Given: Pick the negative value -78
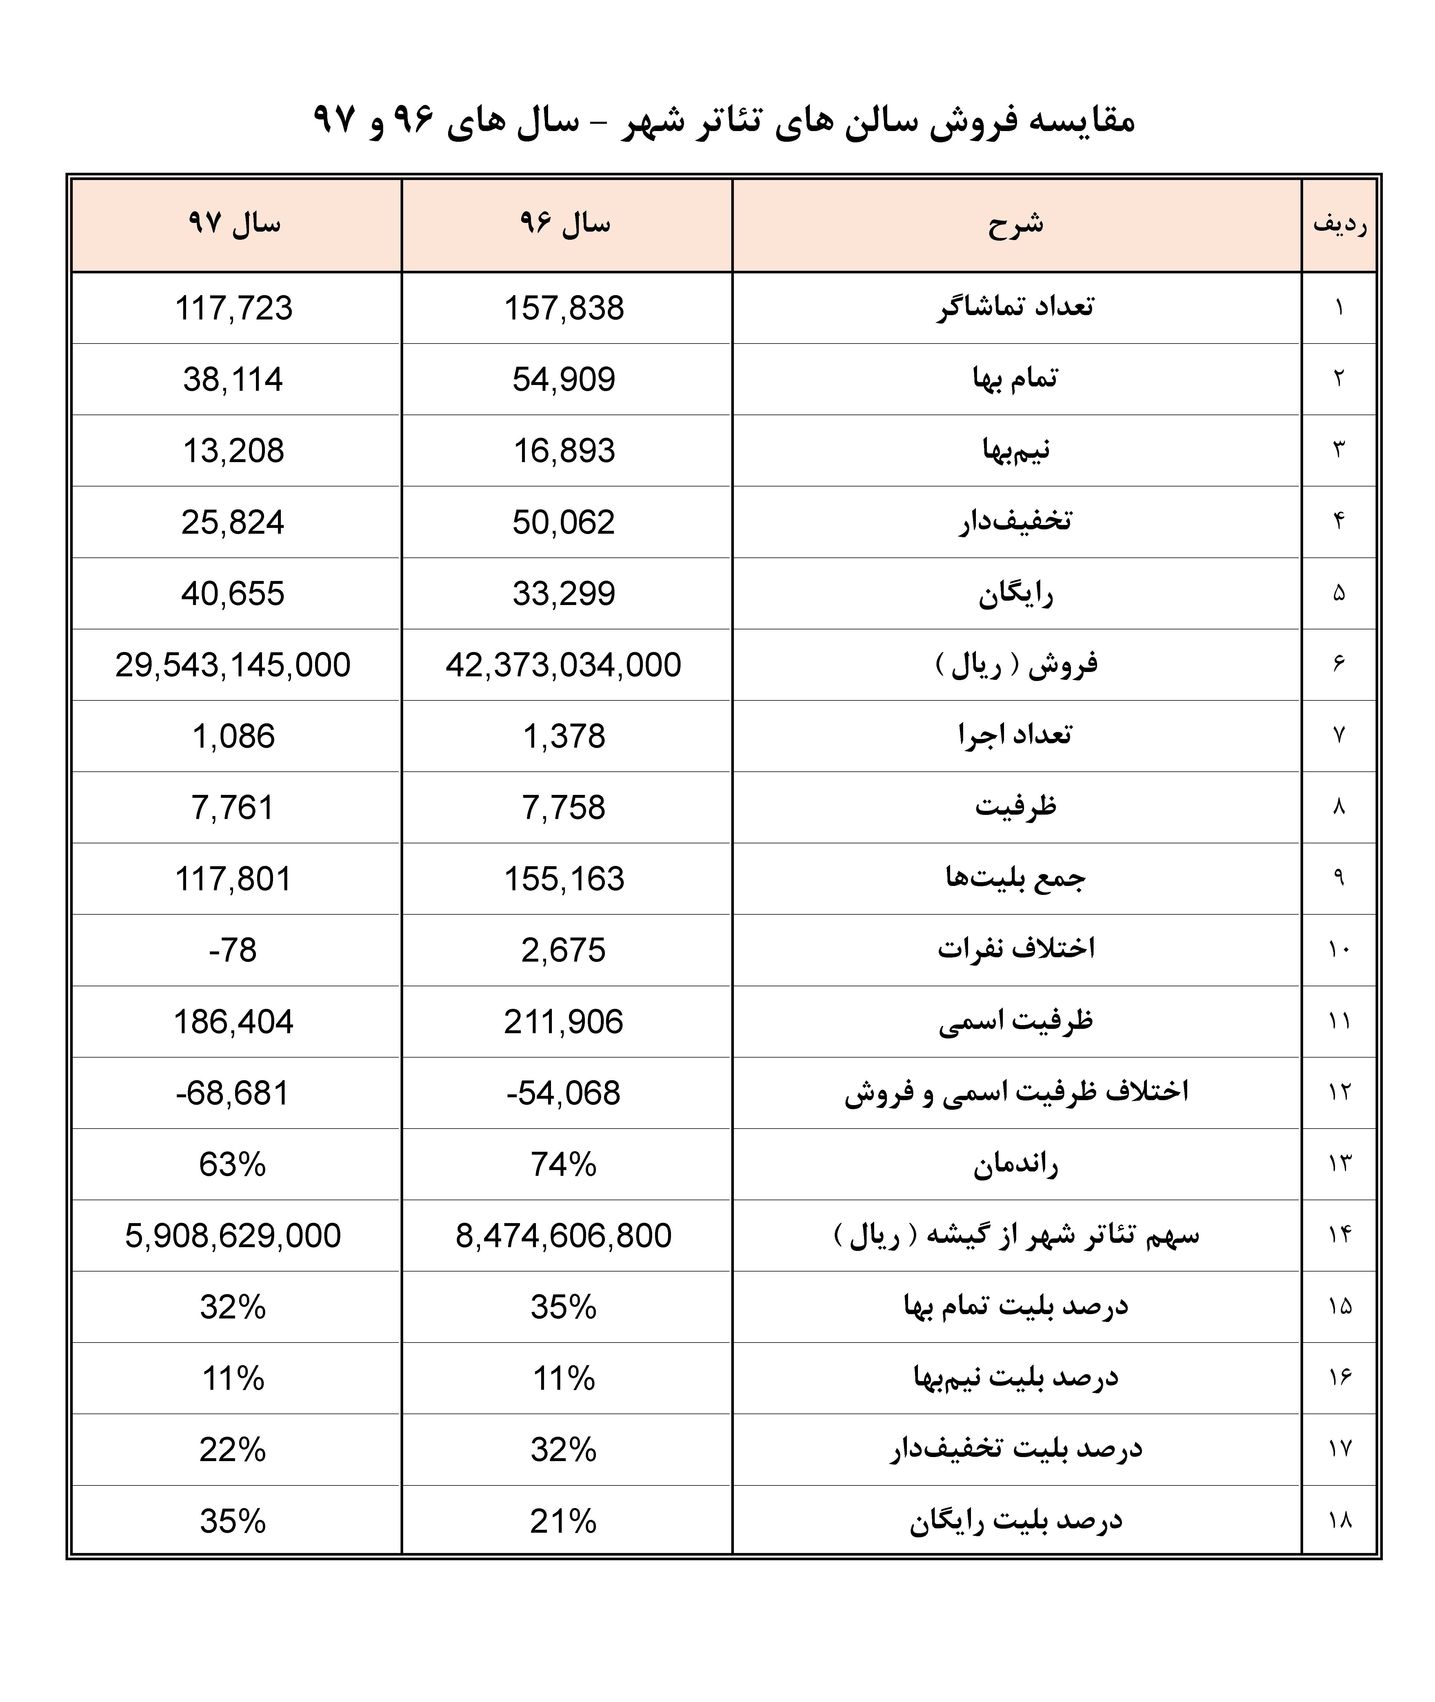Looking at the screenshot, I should [x=233, y=950].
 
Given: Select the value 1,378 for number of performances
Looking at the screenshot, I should [x=564, y=736].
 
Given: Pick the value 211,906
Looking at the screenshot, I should [x=564, y=1022].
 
